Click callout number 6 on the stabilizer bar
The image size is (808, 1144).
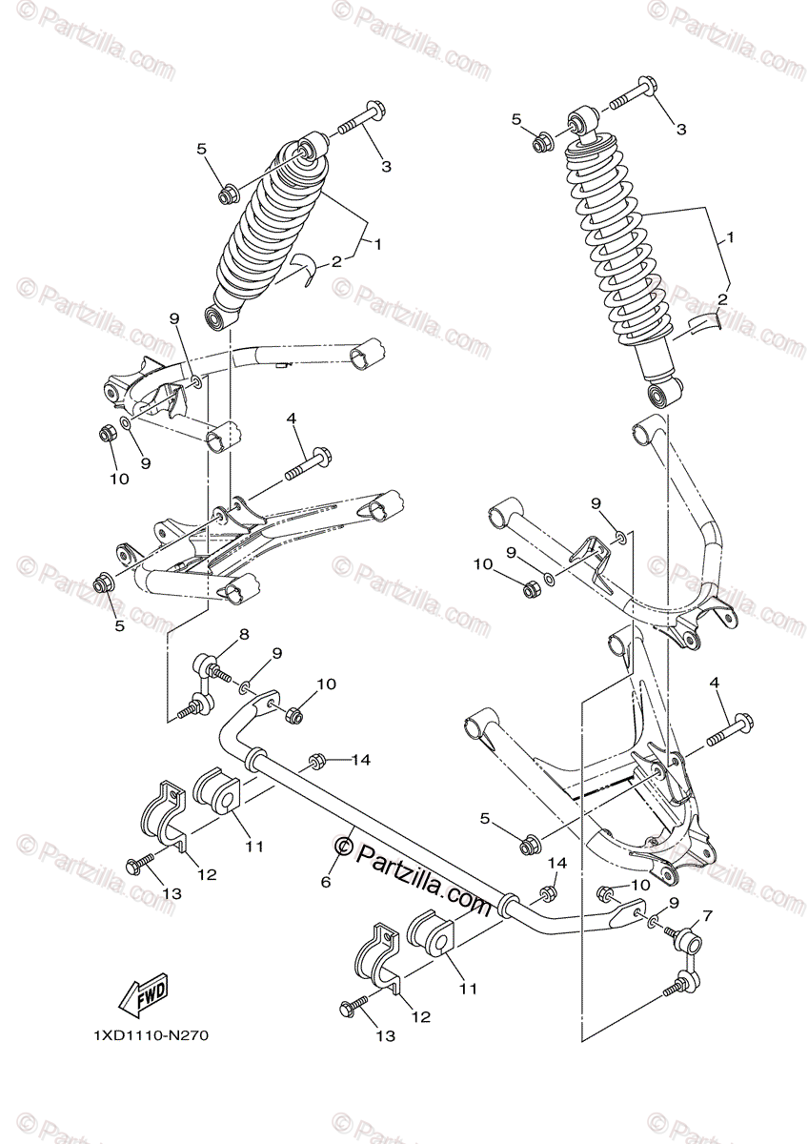click(x=325, y=883)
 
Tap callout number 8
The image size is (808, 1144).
click(x=244, y=633)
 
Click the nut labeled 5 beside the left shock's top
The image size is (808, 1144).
click(x=229, y=195)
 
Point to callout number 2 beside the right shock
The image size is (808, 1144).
click(x=721, y=299)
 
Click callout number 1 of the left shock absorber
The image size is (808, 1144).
click(x=378, y=245)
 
